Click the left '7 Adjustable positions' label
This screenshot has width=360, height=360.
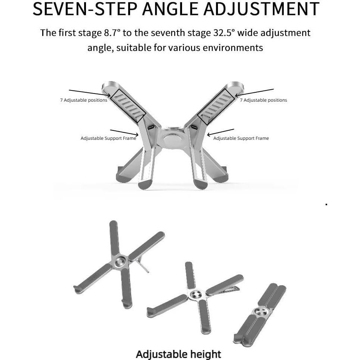(83, 100)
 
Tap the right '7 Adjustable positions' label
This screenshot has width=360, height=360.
(263, 100)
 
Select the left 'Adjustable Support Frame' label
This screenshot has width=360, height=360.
(108, 138)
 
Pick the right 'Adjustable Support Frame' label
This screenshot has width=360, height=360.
(241, 138)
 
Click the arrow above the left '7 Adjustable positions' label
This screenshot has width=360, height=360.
(89, 93)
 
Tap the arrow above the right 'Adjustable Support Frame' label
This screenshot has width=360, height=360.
(221, 132)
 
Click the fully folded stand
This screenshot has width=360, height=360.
(260, 314)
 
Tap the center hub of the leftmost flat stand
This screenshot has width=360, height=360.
(120, 261)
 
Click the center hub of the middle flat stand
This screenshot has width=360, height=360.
(195, 295)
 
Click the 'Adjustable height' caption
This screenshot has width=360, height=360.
(178, 354)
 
